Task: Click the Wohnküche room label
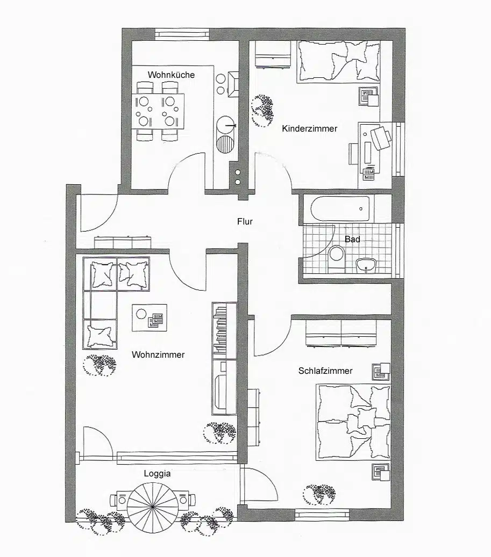pos(172,75)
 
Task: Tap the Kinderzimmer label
pos(309,129)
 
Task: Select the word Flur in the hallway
pos(245,221)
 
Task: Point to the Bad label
pos(352,239)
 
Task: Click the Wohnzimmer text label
pos(158,355)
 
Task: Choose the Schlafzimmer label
pos(325,371)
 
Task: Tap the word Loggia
pos(157,474)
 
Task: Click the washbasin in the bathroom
pos(368,264)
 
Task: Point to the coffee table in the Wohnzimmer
pos(149,317)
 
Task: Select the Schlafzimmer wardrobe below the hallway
pos(340,332)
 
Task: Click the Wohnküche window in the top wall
pos(181,33)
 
